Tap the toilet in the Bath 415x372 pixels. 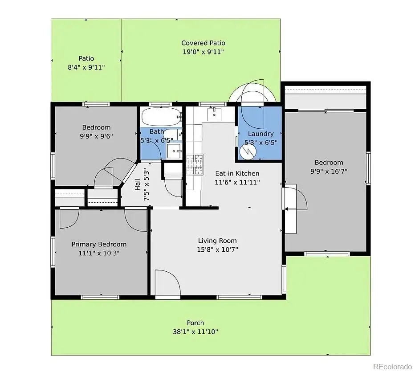(173, 134)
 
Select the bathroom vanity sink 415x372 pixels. (175, 152)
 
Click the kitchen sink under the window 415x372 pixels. (215, 114)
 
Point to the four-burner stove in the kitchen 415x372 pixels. (195, 164)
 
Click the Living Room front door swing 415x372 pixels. (167, 282)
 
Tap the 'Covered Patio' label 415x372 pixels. (203, 43)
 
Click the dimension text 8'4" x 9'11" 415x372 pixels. (86, 67)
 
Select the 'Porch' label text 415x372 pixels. (195, 323)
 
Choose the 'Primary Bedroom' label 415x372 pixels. (99, 244)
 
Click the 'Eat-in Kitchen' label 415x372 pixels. (237, 173)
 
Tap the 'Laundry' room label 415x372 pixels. (260, 134)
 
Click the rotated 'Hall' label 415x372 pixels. (137, 184)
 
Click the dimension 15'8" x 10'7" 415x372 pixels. (218, 249)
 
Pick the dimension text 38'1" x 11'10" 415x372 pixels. (195, 331)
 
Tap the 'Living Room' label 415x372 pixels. (217, 241)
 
